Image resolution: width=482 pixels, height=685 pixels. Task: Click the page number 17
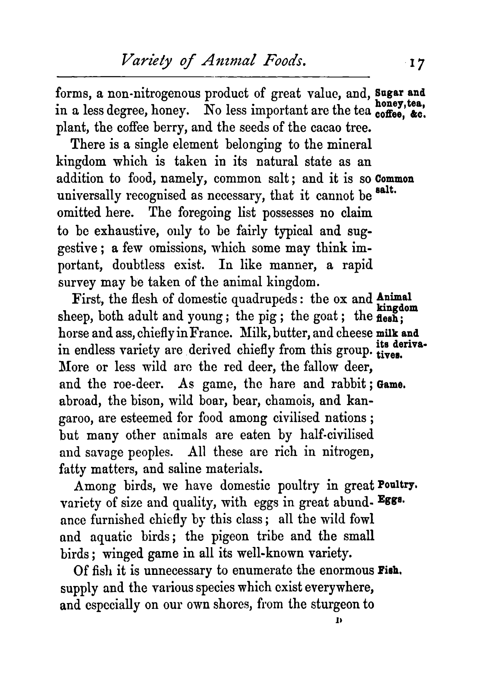pos(417,64)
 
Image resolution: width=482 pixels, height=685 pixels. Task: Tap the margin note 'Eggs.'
pos(391,499)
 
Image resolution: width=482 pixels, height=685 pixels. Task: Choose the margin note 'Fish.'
pos(389,570)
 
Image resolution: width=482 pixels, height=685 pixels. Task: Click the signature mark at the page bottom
pos(339,621)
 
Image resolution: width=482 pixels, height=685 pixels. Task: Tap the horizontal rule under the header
pos(213,77)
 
